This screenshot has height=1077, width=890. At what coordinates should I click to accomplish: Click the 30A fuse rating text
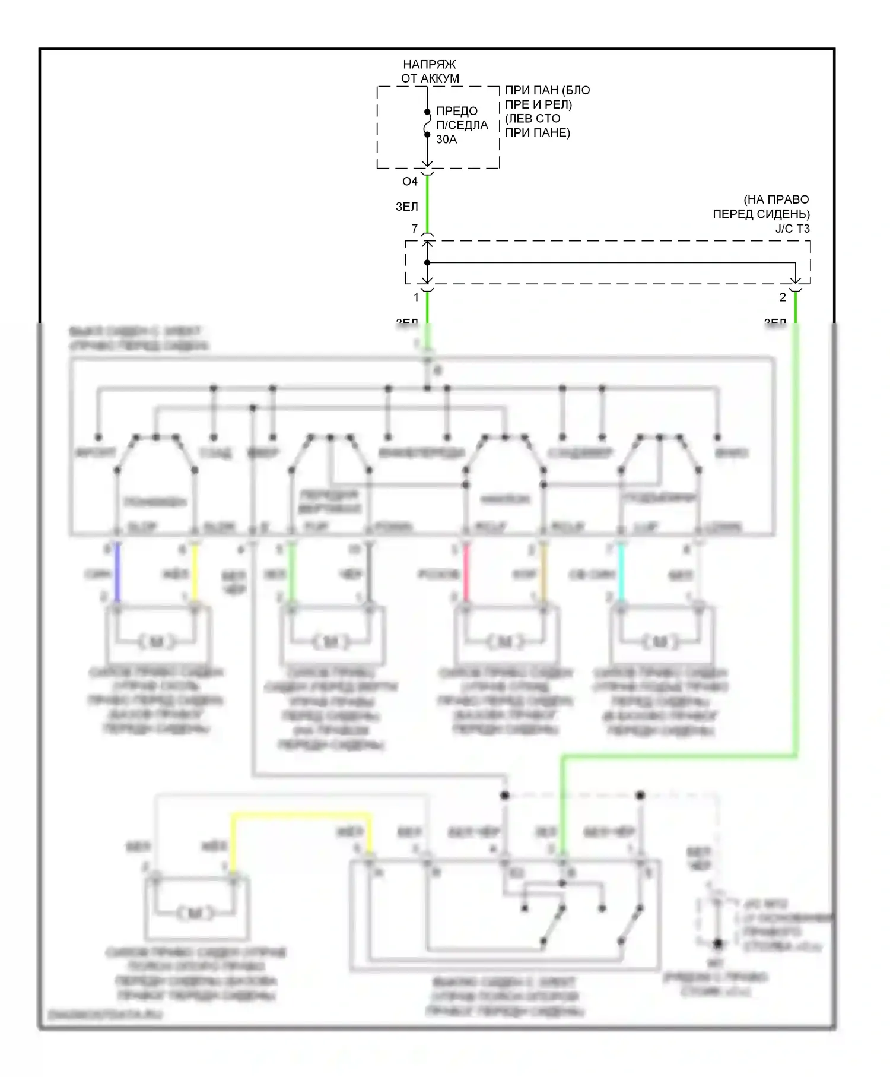[x=446, y=140]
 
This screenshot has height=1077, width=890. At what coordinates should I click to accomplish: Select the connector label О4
[x=409, y=182]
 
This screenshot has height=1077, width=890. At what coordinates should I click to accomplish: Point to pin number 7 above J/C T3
[x=414, y=229]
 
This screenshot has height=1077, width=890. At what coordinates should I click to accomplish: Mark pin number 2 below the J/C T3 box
[x=783, y=297]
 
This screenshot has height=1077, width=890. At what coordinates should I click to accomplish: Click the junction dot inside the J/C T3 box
[x=427, y=262]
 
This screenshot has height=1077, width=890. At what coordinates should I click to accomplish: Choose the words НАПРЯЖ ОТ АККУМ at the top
[x=430, y=71]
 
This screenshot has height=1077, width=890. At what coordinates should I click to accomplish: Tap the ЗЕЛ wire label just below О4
[x=406, y=207]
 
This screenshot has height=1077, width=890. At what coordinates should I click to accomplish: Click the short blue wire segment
[x=117, y=573]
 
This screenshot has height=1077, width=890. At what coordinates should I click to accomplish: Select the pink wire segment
[x=466, y=573]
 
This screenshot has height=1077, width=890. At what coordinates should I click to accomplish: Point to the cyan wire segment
[x=621, y=573]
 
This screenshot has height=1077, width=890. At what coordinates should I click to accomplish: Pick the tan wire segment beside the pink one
[x=543, y=573]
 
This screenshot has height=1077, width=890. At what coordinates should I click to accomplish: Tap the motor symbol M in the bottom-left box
[x=194, y=913]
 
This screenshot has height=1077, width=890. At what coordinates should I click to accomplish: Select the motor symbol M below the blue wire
[x=156, y=642]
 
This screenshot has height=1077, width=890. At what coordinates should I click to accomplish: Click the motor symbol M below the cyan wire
[x=660, y=642]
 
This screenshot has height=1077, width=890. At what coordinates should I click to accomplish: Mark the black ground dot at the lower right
[x=717, y=943]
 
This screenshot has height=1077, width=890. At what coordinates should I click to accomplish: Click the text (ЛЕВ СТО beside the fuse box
[x=532, y=119]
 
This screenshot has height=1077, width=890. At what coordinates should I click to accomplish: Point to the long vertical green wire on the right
[x=796, y=534]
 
